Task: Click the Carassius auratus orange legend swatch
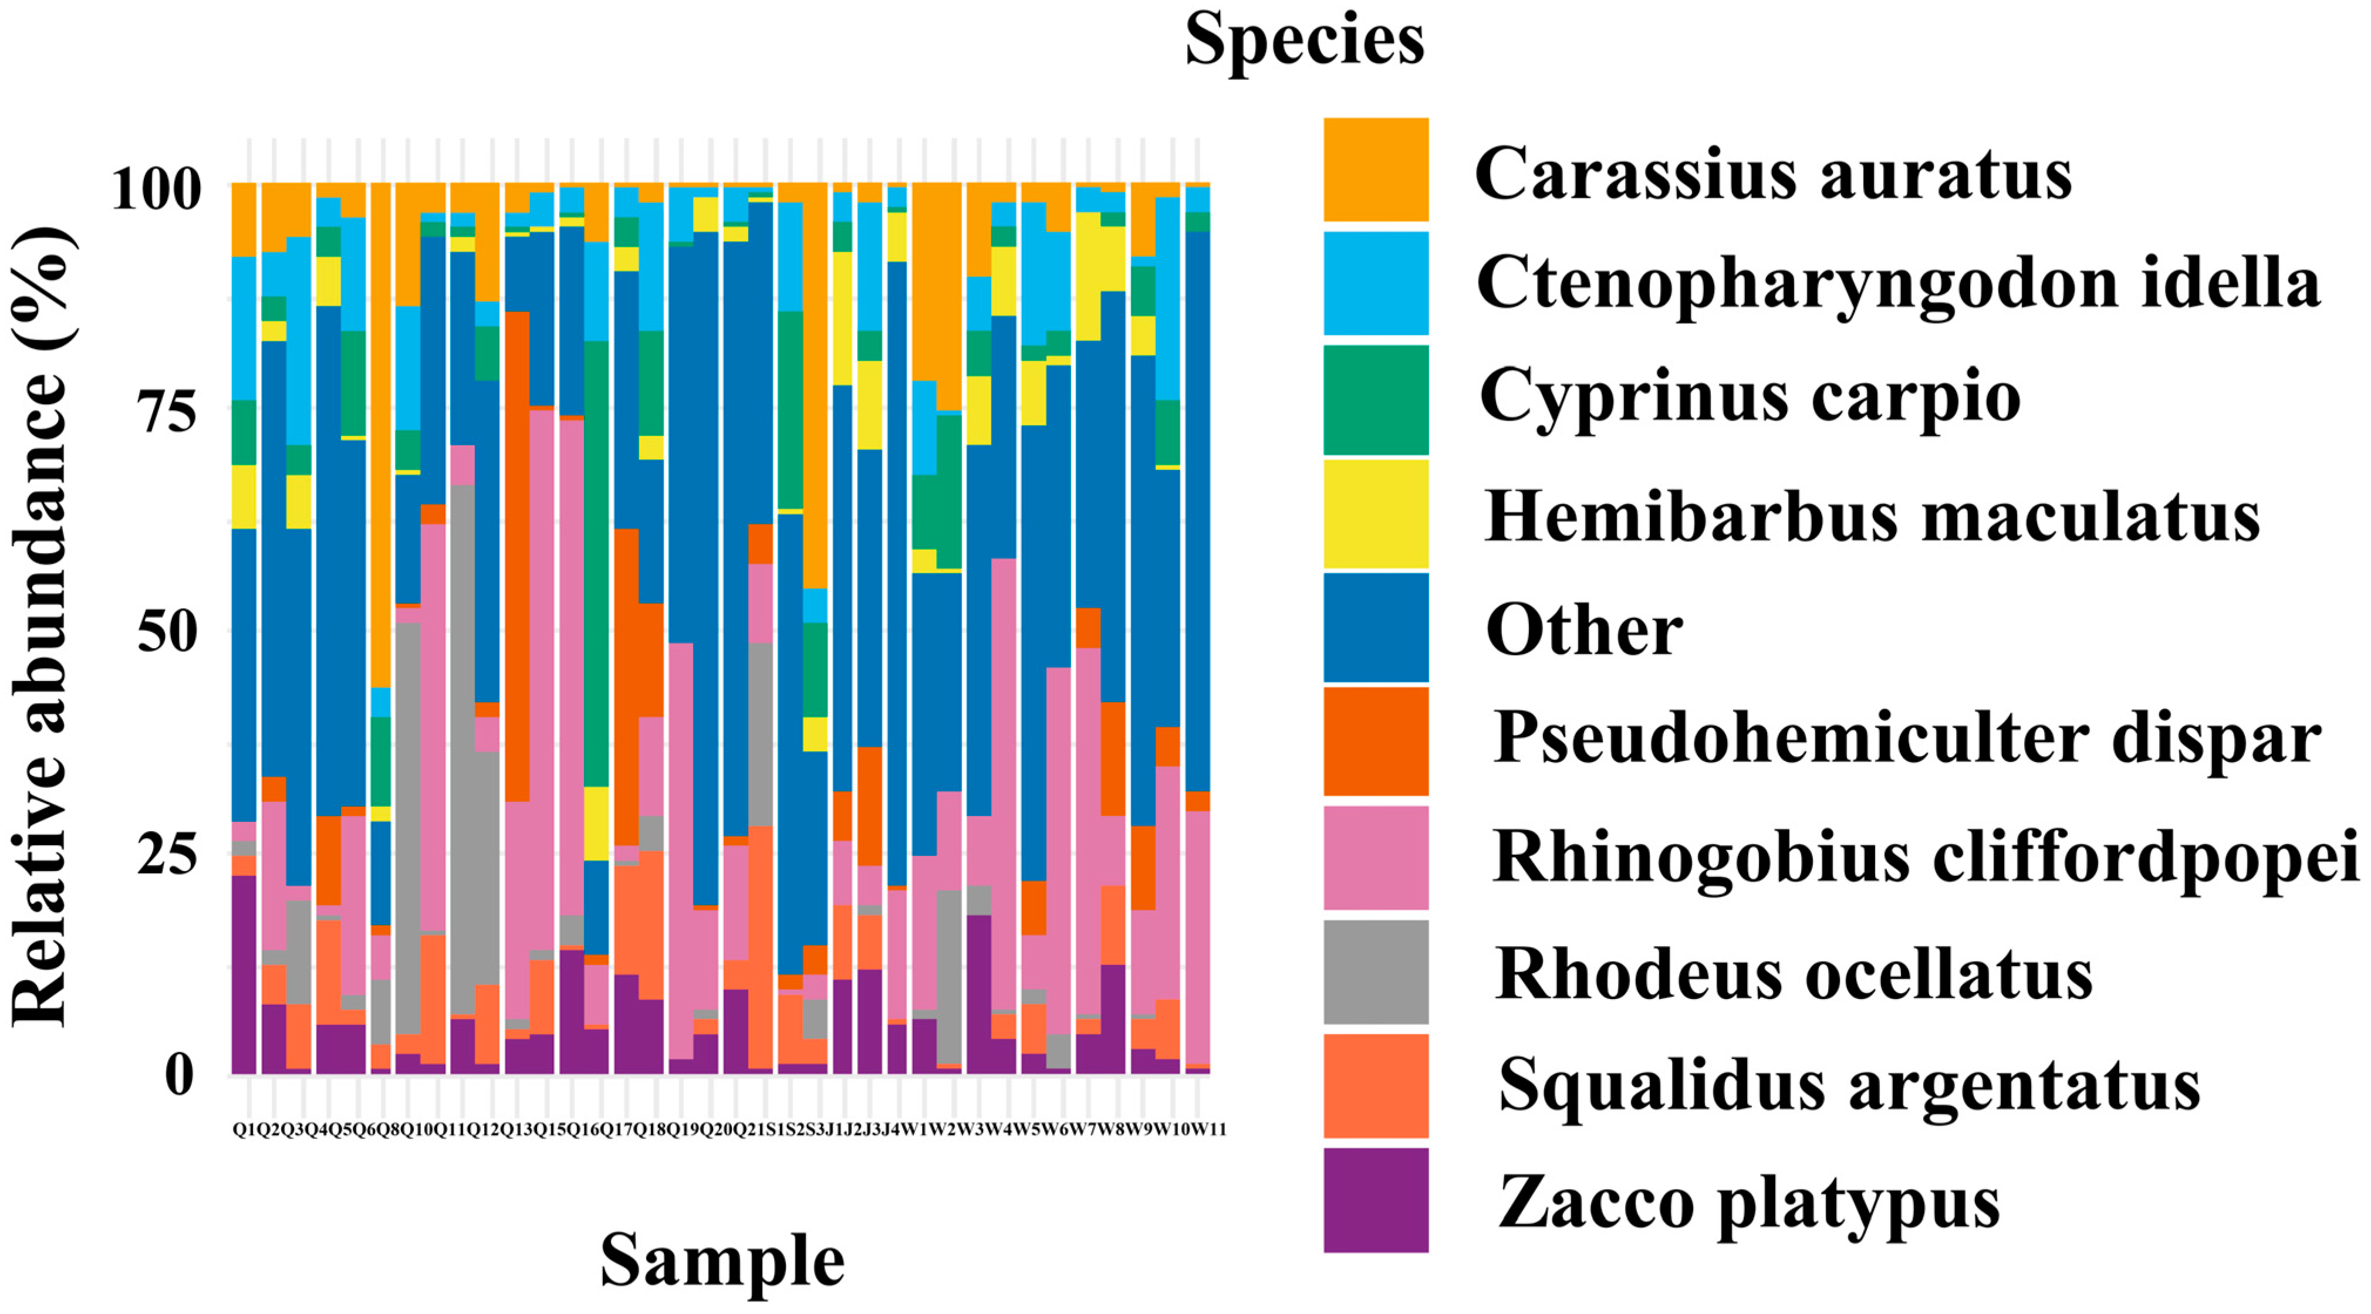(1375, 170)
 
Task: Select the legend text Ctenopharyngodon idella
(1897, 283)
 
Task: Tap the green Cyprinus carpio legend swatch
(1375, 399)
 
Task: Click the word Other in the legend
(1583, 631)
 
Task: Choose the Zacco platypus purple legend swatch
(1375, 1199)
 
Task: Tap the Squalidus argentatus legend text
(1848, 1086)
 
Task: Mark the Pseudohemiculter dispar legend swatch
(1375, 741)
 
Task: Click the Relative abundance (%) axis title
(42, 626)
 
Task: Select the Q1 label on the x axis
(243, 1129)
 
